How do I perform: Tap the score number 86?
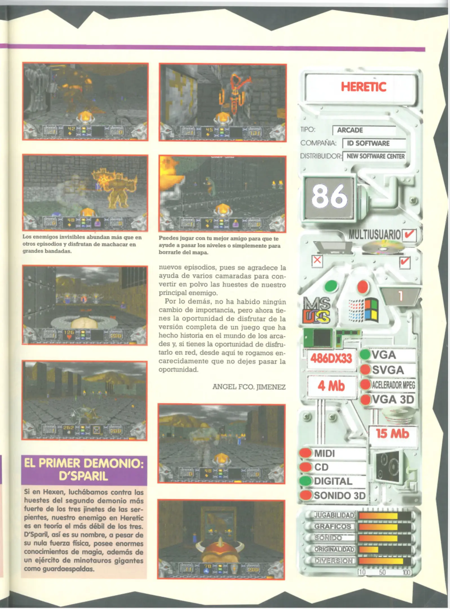329,196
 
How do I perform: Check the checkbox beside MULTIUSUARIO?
409,234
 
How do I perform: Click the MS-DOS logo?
316,310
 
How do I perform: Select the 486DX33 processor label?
331,358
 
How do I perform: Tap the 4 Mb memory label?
331,386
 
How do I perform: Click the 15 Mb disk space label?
392,434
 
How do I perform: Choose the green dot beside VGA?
365,354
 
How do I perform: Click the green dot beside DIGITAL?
305,481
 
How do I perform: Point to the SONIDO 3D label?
339,495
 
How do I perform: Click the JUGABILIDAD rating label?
334,515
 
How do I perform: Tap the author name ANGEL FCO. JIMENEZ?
249,387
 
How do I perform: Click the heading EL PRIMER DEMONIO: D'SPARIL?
84,470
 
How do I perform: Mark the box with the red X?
317,260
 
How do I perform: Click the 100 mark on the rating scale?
406,572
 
